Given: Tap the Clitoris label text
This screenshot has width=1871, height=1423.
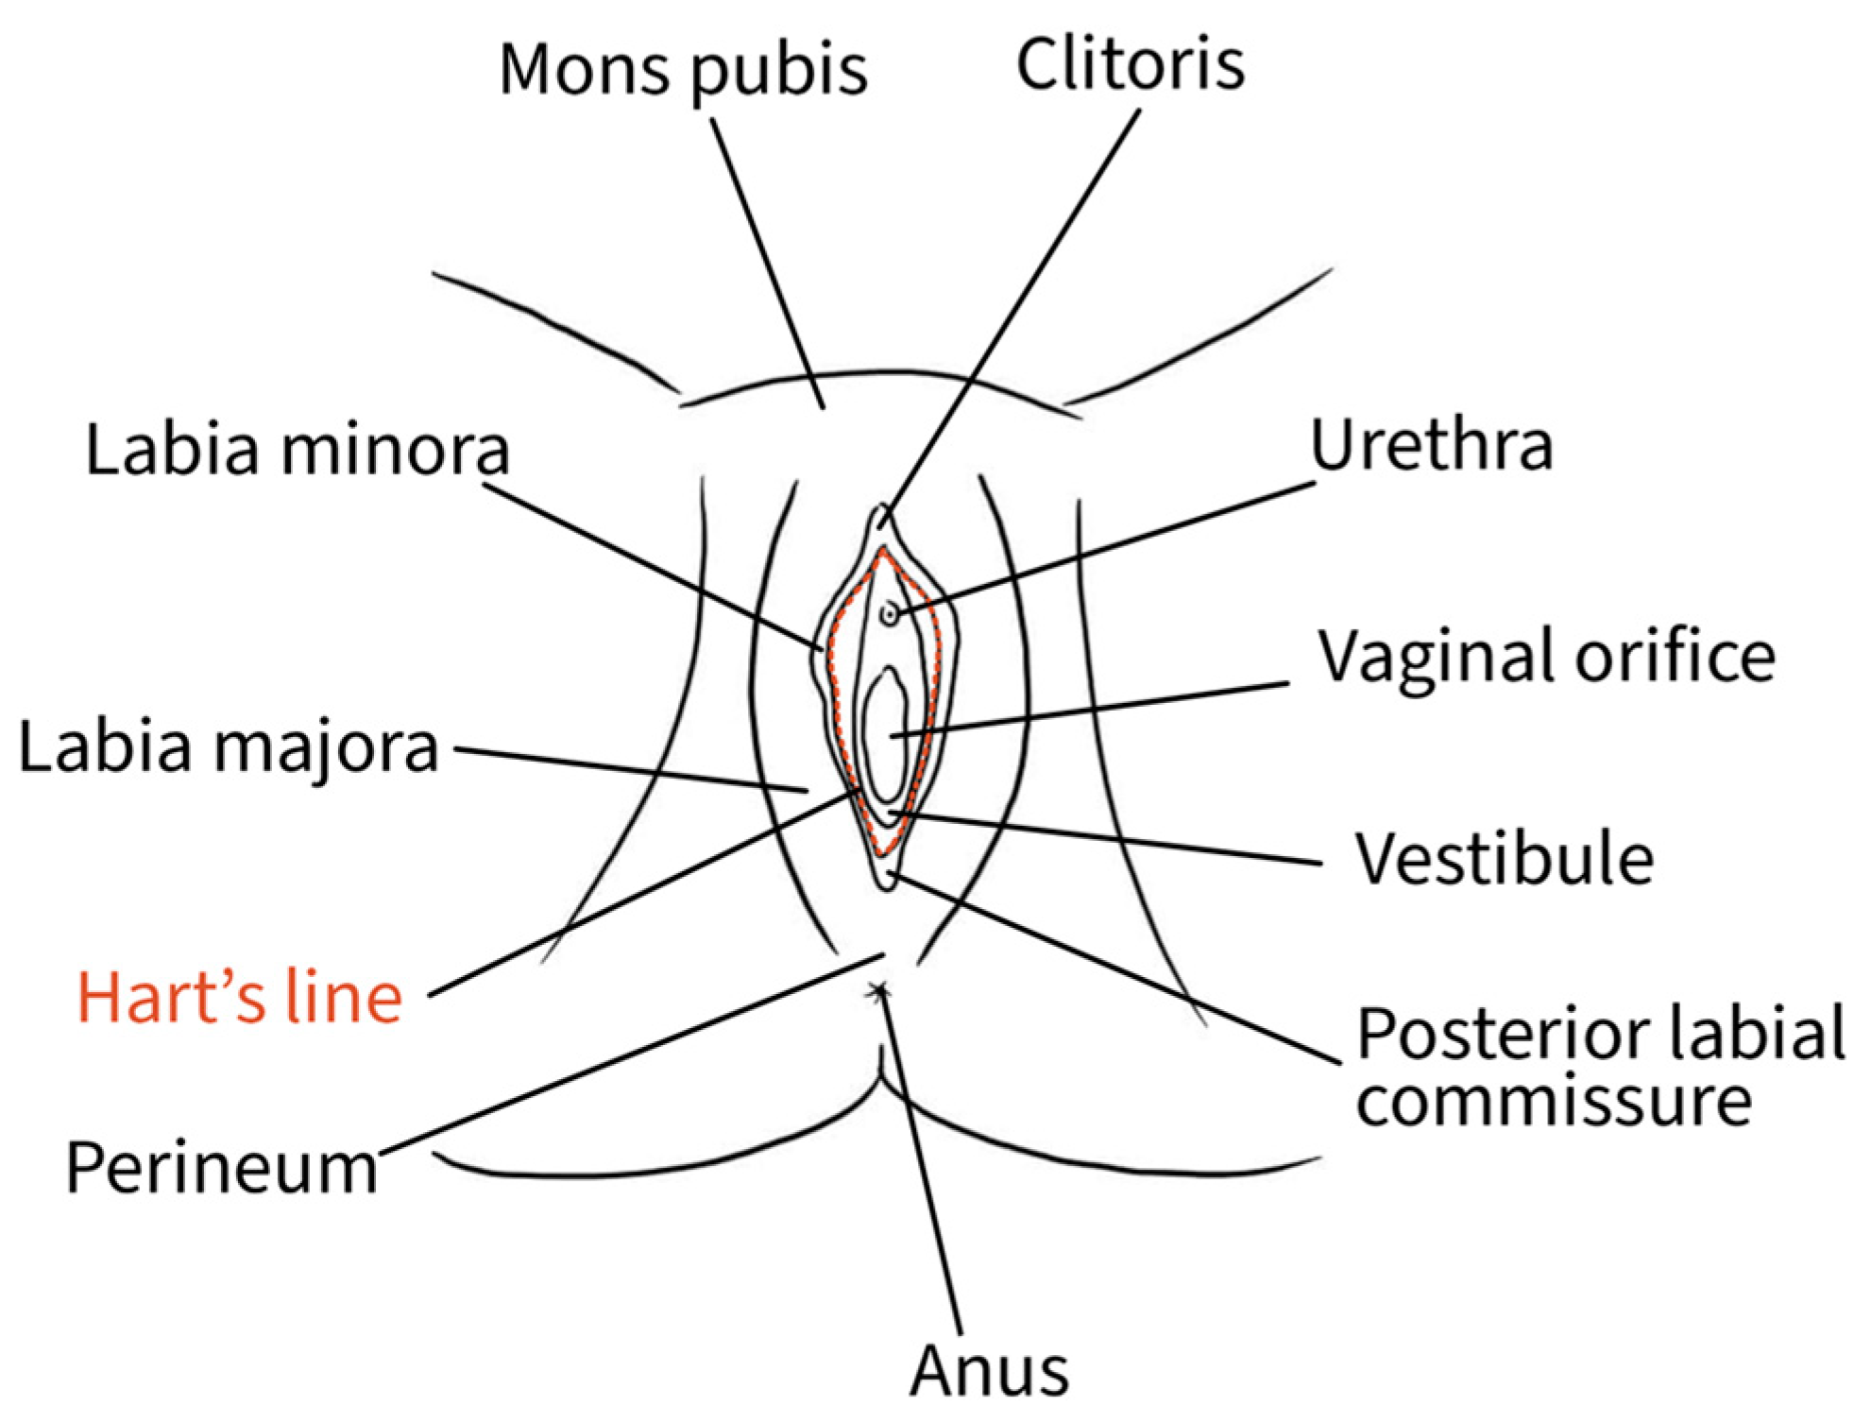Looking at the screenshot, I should click(x=1131, y=64).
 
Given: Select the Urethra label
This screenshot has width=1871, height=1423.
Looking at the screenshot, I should click(x=1431, y=446).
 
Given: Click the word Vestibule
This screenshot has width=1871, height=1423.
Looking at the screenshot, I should click(x=1505, y=859).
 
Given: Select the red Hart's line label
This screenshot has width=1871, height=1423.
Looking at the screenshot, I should click(x=240, y=998).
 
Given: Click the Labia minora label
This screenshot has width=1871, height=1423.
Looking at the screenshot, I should click(x=298, y=450).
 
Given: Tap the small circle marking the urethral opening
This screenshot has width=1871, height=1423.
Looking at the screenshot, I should click(x=889, y=615).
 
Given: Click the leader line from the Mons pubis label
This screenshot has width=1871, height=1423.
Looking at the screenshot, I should click(x=767, y=265).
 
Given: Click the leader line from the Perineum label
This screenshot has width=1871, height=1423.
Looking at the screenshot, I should click(x=623, y=1056).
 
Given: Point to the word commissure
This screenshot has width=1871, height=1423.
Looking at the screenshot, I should click(x=1554, y=1102).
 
